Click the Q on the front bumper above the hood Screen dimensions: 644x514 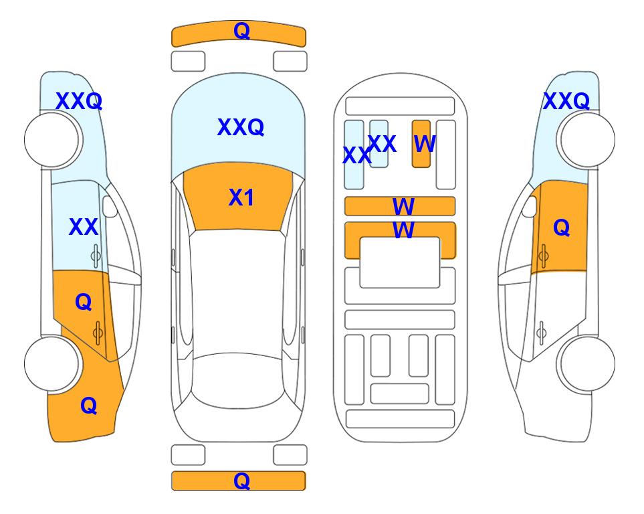pos(241,31)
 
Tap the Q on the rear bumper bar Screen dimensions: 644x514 pos(241,481)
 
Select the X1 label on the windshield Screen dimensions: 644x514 pos(241,197)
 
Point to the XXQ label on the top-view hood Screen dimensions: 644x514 pos(241,127)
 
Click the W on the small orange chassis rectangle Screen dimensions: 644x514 pos(424,144)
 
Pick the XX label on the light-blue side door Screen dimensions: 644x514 pos(84,227)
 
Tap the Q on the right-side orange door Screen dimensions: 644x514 pos(562,228)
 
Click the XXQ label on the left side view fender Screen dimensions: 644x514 pos(79,101)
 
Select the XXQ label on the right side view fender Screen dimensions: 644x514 pos(566,101)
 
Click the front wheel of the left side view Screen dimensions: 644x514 pos(51,140)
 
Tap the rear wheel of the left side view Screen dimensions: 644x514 pos(51,363)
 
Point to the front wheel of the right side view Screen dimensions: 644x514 pos(588,140)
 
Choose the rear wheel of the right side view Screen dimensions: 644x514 pos(588,363)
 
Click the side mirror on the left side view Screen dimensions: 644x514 pos(110,206)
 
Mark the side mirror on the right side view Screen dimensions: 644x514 pos(529,206)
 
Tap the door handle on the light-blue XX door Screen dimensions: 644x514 pos(96,256)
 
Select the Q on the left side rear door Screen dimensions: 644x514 pos(84,303)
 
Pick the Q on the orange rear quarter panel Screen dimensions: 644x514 pos(89,406)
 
